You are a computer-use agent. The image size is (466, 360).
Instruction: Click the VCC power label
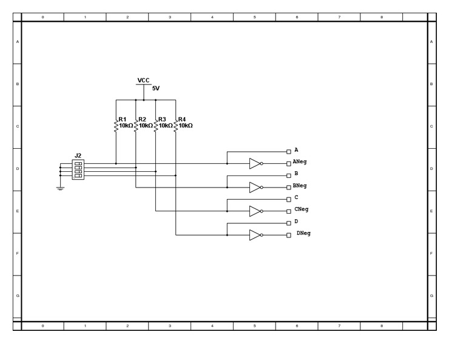[143, 80]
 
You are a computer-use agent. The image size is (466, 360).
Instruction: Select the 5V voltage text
[156, 89]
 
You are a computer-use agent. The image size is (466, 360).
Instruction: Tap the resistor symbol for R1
[115, 126]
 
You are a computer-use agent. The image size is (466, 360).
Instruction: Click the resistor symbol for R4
[175, 126]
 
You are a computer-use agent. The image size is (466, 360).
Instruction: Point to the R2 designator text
[142, 120]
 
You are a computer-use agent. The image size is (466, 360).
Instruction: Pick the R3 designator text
[162, 120]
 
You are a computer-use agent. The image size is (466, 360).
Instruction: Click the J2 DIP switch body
[78, 169]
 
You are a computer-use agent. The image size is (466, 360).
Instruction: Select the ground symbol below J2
[60, 188]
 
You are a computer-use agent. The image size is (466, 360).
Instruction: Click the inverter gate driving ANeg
[255, 163]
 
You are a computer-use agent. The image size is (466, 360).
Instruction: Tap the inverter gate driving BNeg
[255, 187]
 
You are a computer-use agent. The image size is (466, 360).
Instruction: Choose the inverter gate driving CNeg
[255, 211]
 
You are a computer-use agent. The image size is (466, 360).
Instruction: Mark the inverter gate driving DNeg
[255, 235]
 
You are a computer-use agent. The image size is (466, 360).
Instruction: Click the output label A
[296, 149]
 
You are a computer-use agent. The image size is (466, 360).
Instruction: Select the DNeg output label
[303, 234]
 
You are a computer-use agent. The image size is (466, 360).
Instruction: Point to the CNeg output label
[302, 209]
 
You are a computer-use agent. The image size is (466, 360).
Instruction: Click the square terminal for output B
[288, 175]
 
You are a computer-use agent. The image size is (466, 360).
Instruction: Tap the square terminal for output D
[288, 223]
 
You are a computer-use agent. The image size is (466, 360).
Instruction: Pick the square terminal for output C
[288, 199]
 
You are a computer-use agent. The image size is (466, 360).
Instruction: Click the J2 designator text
[78, 155]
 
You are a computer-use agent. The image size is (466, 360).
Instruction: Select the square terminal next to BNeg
[288, 187]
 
